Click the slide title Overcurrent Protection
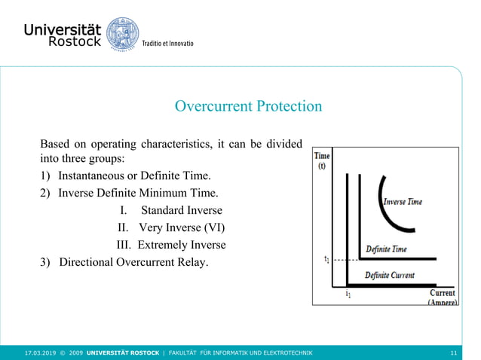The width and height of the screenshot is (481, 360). tap(248, 106)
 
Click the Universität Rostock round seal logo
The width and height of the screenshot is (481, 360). tap(122, 35)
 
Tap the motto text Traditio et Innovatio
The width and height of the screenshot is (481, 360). tap(168, 44)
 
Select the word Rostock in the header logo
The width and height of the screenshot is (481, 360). tap(74, 42)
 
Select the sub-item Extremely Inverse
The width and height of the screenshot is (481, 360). tap(181, 245)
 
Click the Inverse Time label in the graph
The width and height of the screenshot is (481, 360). tap(403, 202)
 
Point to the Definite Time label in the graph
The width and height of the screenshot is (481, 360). tap(386, 249)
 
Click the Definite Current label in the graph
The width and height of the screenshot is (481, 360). tap(390, 275)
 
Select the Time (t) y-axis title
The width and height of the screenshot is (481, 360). tap(322, 160)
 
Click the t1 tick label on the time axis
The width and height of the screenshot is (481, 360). tap(326, 260)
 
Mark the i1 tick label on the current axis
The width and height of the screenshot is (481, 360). tap(347, 294)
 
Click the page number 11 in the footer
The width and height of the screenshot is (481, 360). tap(452, 352)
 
